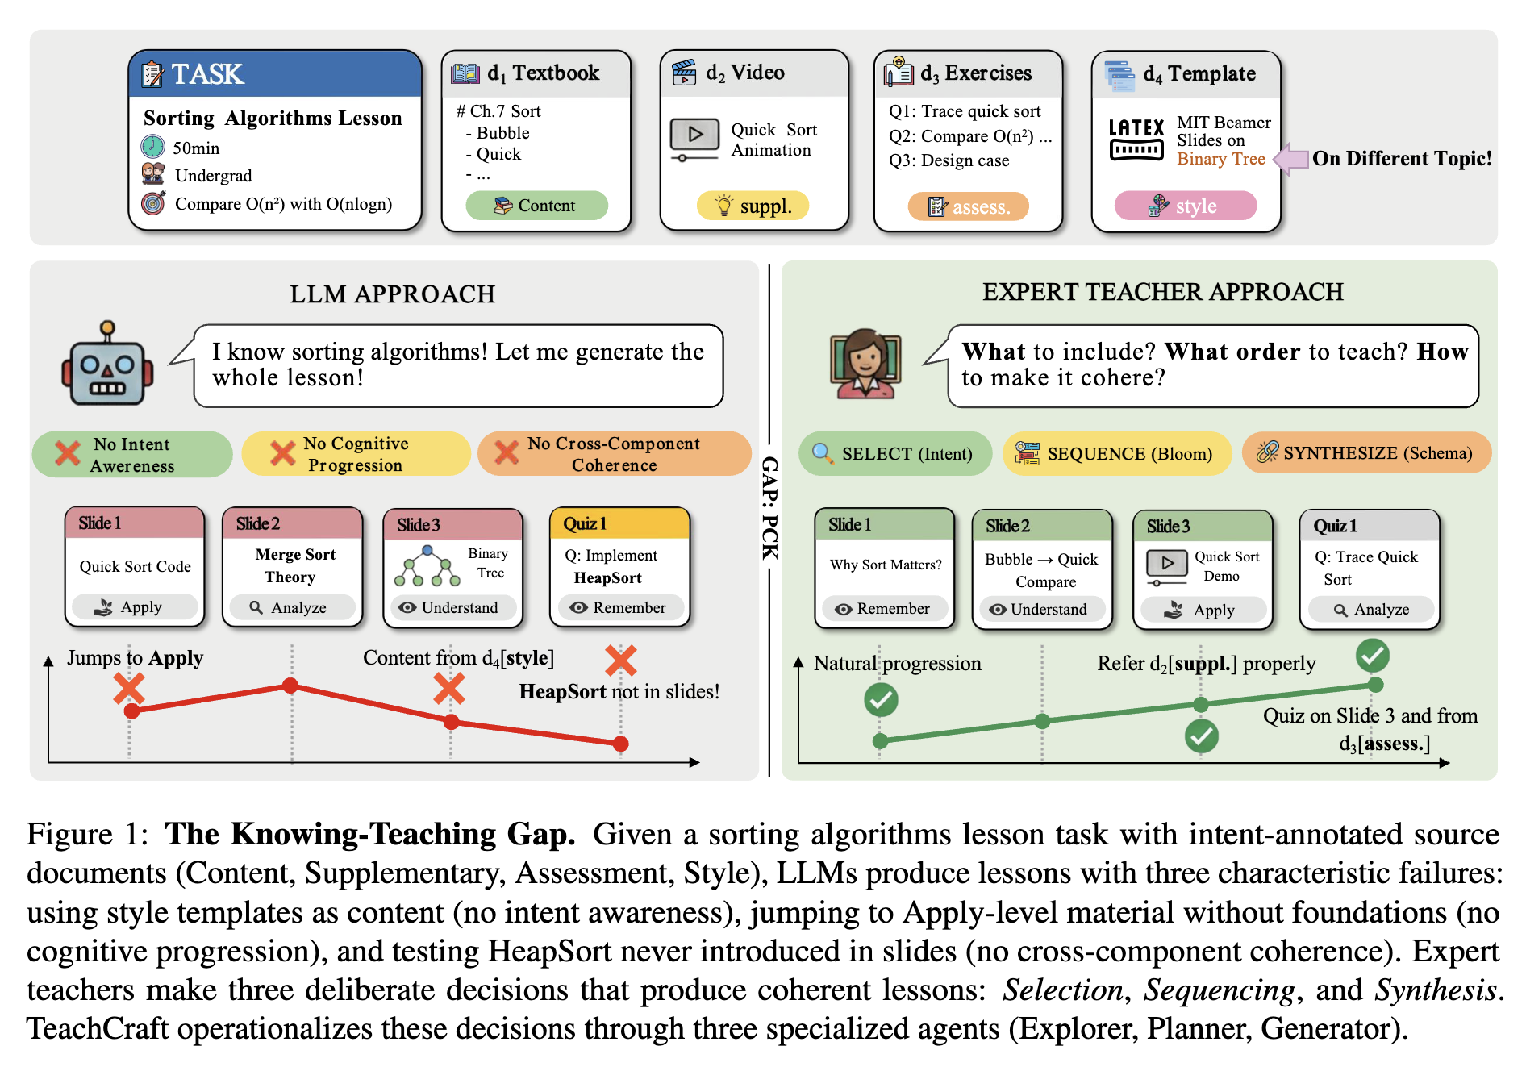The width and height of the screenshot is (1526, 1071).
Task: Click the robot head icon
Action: coord(107,365)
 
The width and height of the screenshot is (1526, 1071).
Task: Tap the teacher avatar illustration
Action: coord(865,364)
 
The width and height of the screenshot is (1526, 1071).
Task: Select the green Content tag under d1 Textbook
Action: coord(536,206)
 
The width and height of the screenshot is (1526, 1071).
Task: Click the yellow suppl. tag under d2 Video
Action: coord(753,206)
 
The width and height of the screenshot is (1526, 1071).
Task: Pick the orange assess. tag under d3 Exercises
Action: coord(968,207)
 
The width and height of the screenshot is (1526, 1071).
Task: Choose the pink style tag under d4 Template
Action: coord(1185,206)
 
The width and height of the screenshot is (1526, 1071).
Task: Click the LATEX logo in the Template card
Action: coord(1136,140)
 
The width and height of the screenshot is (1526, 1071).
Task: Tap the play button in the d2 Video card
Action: coord(694,134)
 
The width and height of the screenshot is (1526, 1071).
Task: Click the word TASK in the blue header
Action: coord(207,74)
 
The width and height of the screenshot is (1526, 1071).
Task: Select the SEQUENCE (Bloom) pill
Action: coord(1117,453)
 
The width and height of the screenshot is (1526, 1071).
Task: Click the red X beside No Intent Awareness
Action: coord(68,453)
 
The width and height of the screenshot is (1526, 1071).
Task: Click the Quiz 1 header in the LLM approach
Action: coord(619,523)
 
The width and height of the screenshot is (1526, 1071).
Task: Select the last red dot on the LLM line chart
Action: coord(620,744)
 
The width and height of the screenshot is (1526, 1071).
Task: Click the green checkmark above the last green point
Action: coord(1373,656)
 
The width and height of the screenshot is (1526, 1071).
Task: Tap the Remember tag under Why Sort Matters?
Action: coord(884,609)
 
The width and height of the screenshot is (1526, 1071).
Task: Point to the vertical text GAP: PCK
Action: coord(770,507)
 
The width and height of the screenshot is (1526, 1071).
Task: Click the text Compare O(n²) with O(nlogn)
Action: coord(283,204)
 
